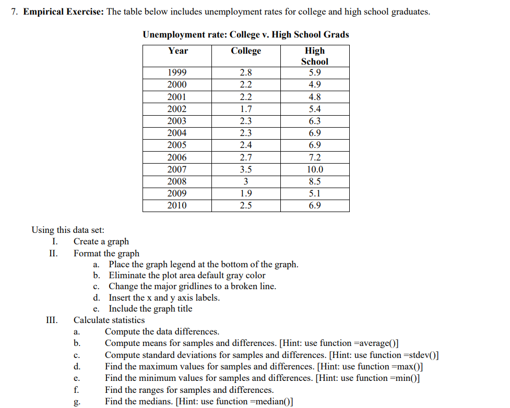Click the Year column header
click(177, 51)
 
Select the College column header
click(246, 51)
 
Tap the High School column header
click(315, 56)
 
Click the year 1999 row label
click(177, 73)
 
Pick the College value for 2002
click(246, 109)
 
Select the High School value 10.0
click(315, 170)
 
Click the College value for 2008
click(246, 182)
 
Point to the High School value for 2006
click(315, 158)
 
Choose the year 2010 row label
click(177, 206)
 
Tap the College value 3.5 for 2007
click(246, 170)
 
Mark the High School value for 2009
click(315, 194)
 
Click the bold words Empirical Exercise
click(63, 12)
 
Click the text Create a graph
click(101, 241)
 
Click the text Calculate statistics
click(109, 320)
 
